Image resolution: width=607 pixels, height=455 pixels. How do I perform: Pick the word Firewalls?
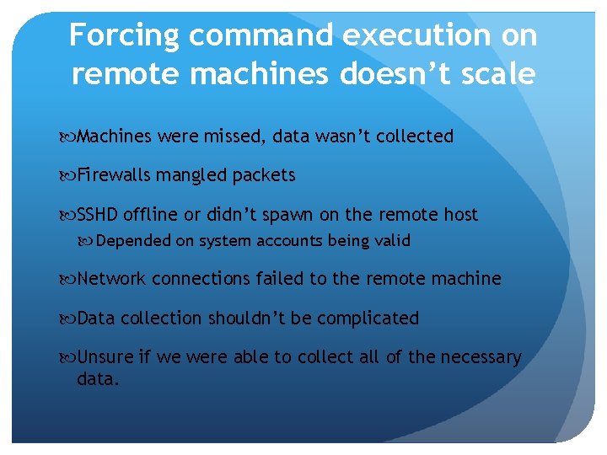coord(114,175)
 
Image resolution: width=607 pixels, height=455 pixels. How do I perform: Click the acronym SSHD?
coord(99,215)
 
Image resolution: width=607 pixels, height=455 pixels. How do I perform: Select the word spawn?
coord(309,216)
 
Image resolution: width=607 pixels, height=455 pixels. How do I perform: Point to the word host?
coord(459,215)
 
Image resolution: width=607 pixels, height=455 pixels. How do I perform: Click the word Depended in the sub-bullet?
coord(133,241)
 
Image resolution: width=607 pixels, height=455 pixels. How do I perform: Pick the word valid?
coord(392,241)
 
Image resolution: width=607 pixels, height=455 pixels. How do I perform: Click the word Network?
coord(111,279)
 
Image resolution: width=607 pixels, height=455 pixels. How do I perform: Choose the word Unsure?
coord(105,357)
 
